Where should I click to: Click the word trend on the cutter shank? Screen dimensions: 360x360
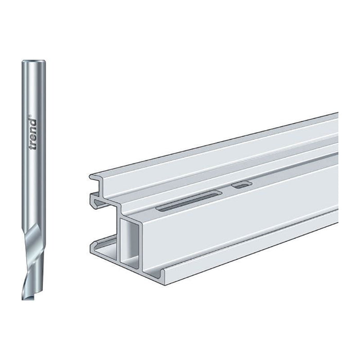(x=33, y=135)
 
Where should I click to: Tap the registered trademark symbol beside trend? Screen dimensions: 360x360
(x=30, y=116)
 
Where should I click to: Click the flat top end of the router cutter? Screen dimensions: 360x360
(x=33, y=62)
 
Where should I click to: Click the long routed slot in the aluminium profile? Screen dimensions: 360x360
(x=189, y=200)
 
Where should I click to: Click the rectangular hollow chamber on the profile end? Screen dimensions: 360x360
(x=130, y=244)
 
